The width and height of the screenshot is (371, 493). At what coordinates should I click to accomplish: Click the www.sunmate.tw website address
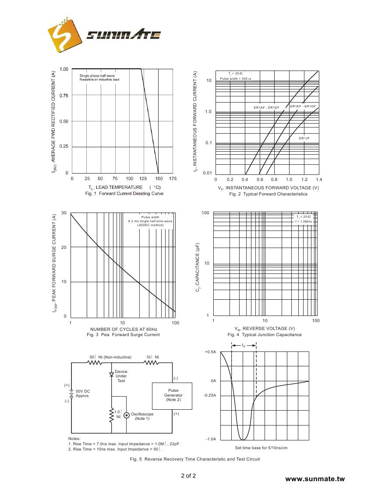315,479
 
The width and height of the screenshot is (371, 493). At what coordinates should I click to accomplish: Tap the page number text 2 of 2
188,476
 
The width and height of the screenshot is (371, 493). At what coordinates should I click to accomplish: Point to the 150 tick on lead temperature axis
158,179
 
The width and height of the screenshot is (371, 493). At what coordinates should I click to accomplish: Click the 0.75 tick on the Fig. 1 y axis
64,96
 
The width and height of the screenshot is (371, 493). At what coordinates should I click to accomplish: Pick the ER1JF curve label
305,138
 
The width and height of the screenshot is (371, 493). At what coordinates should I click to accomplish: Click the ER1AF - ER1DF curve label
266,107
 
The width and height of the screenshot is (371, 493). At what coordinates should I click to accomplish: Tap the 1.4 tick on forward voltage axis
318,180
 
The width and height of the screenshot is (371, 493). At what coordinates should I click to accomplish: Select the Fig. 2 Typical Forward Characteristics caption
268,194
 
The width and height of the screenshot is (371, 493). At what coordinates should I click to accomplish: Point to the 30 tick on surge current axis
64,213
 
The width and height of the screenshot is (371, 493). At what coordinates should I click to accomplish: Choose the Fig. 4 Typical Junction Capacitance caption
265,334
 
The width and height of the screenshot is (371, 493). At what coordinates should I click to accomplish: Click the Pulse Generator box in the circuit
172,396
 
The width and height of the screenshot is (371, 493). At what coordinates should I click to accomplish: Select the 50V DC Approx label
82,393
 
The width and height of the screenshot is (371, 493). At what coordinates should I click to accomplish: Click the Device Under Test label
121,376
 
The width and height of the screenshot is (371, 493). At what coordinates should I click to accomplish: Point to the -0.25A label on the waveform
210,395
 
